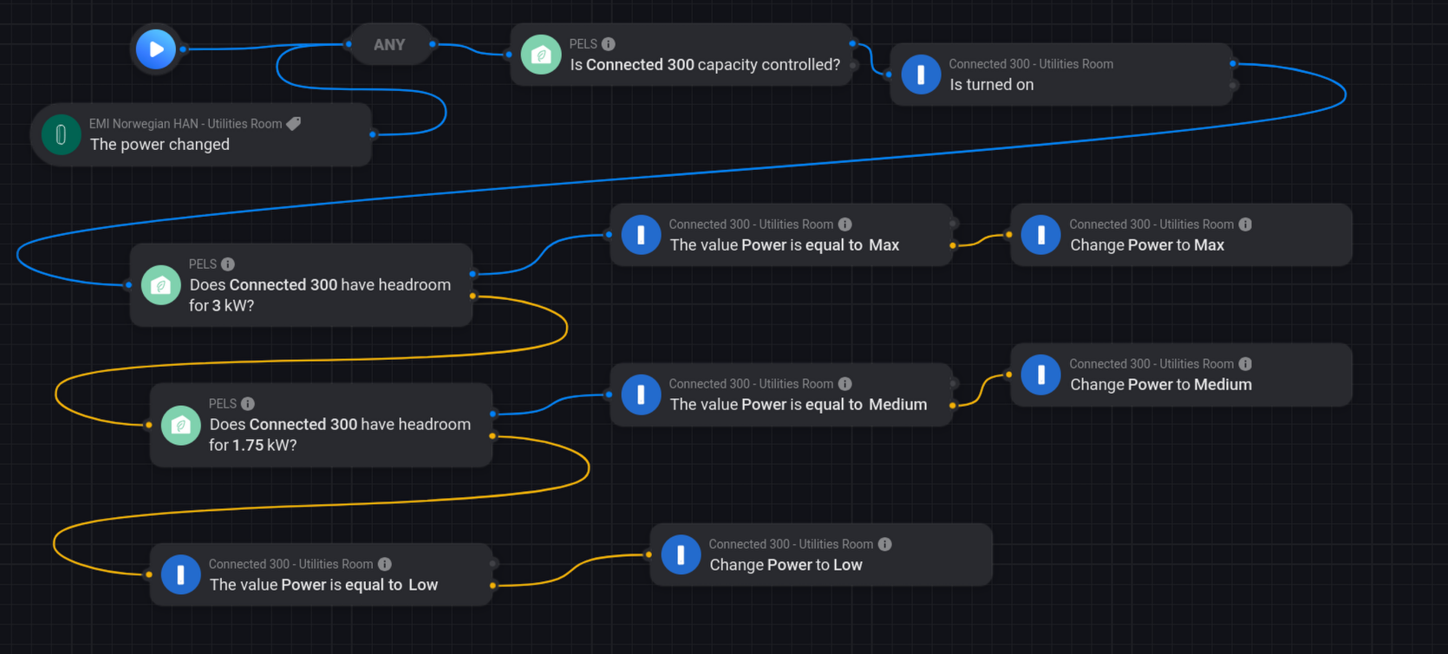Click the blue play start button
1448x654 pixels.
click(156, 49)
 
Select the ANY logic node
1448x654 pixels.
click(389, 45)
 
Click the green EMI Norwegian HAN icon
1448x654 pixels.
click(61, 134)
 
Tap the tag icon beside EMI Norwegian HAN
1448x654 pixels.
click(294, 124)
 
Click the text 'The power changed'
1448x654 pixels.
click(160, 145)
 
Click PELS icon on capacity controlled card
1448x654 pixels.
click(541, 55)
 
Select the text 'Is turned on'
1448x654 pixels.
click(991, 85)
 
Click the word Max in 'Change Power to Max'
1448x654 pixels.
click(1209, 245)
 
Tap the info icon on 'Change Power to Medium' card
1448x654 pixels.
click(1245, 363)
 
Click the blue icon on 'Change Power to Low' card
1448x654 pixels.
click(681, 554)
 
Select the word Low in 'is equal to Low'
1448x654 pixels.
click(423, 585)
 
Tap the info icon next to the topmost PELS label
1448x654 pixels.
click(609, 44)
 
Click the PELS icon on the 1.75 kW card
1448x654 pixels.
click(181, 425)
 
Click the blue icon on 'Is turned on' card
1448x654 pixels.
click(921, 75)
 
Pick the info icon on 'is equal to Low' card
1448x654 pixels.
click(385, 564)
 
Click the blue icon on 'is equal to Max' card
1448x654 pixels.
click(641, 235)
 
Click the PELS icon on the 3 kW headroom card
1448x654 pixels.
click(161, 285)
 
